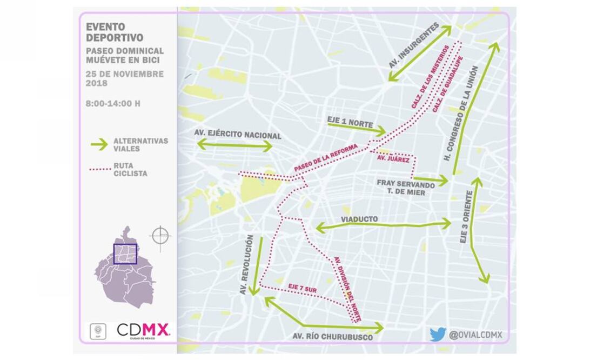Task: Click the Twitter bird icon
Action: pyautogui.click(x=438, y=335)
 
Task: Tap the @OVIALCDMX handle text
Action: pyautogui.click(x=475, y=335)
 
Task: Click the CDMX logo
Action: pyautogui.click(x=143, y=330)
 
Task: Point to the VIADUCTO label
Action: pyautogui.click(x=359, y=219)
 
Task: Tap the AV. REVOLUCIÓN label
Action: pyautogui.click(x=249, y=265)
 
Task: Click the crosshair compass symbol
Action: pyautogui.click(x=160, y=236)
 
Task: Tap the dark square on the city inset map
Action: pyautogui.click(x=125, y=254)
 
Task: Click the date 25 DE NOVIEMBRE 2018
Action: pyautogui.click(x=124, y=78)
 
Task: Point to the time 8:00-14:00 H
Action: pyautogui.click(x=113, y=103)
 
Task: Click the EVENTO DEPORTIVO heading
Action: pyautogui.click(x=114, y=32)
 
